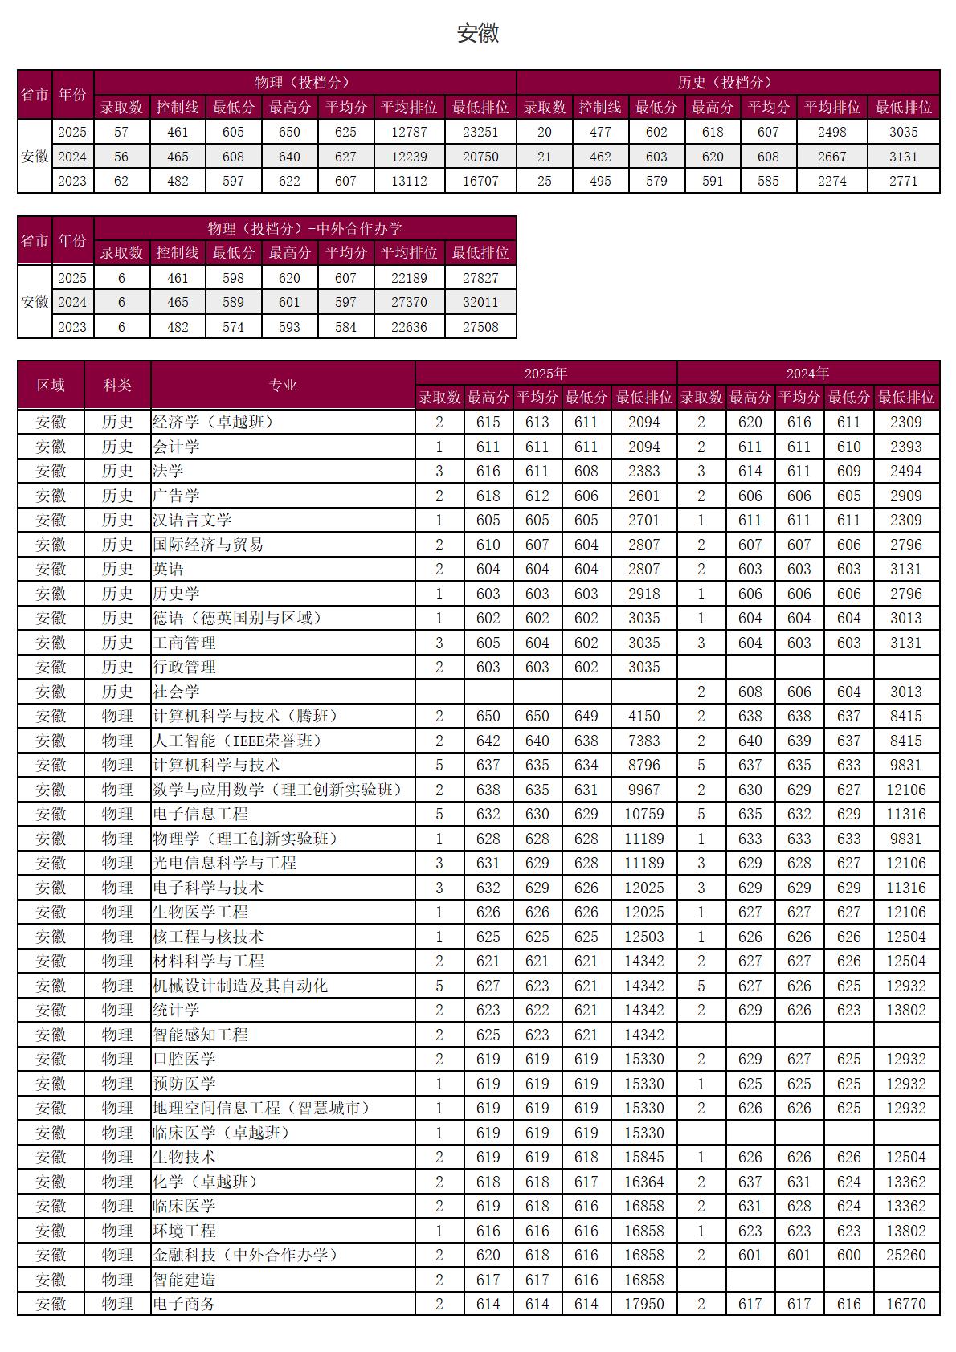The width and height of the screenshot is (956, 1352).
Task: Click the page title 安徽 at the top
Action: pyautogui.click(x=478, y=33)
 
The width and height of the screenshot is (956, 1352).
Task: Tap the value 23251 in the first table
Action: pyautogui.click(x=480, y=132)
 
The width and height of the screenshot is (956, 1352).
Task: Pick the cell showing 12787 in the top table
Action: pyautogui.click(x=409, y=132)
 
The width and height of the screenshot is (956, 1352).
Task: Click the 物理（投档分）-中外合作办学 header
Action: pyautogui.click(x=304, y=228)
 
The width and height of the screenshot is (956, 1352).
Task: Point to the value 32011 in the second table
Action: pyautogui.click(x=480, y=302)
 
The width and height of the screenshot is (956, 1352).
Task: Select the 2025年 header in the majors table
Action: pyautogui.click(x=545, y=374)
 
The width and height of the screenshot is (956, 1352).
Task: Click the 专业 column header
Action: pyautogui.click(x=283, y=386)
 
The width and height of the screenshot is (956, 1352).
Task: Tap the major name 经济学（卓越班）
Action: pyautogui.click(x=213, y=422)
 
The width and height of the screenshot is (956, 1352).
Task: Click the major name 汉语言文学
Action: pyautogui.click(x=192, y=520)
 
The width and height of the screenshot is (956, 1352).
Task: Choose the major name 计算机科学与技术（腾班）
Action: pyautogui.click(x=246, y=716)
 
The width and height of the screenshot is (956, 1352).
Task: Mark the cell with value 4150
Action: pyautogui.click(x=643, y=716)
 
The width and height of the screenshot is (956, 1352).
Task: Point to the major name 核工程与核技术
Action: pyautogui.click(x=208, y=937)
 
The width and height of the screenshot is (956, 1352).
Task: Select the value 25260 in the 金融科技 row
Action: pyautogui.click(x=905, y=1255)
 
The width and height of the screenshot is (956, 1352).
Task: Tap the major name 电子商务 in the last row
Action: pyautogui.click(x=184, y=1304)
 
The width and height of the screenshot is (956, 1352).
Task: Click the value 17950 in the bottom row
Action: pyautogui.click(x=643, y=1304)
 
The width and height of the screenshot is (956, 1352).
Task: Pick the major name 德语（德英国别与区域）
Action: pyautogui.click(x=238, y=618)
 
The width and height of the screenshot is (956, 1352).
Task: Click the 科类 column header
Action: pyautogui.click(x=117, y=386)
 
